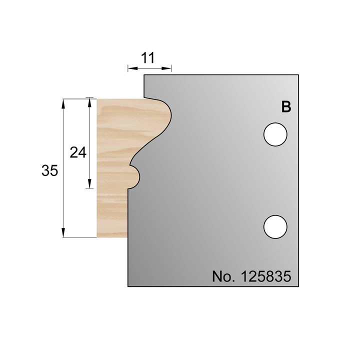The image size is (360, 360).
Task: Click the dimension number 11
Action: (147, 57)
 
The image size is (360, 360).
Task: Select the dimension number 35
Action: (50, 170)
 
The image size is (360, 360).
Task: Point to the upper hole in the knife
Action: (275, 135)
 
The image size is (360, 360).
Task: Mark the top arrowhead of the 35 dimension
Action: (63, 103)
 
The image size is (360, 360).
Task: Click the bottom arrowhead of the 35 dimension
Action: (63, 233)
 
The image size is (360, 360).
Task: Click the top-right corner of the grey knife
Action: (299, 75)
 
